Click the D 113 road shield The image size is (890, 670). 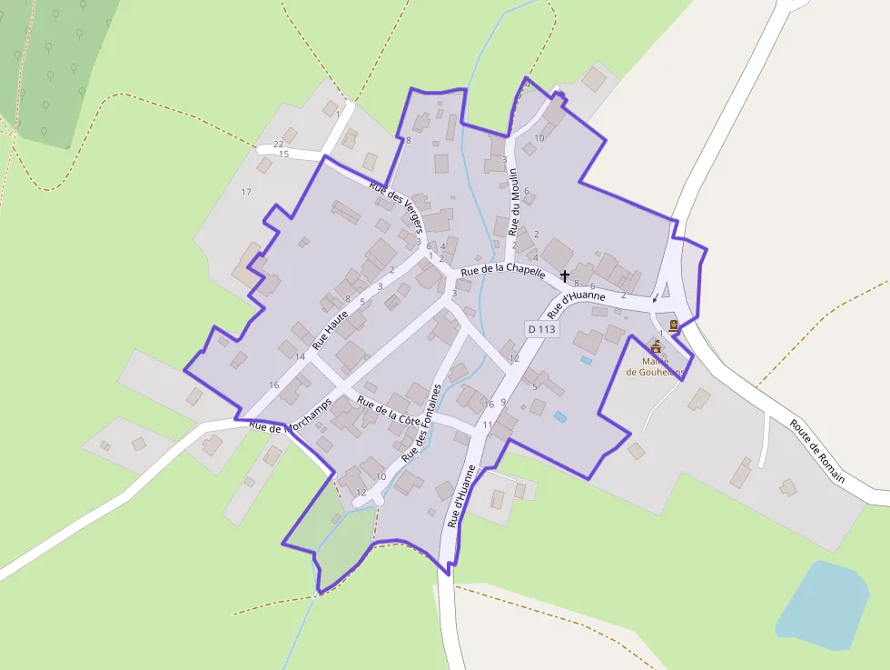[x=540, y=329]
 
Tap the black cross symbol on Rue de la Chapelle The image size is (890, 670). [x=565, y=275]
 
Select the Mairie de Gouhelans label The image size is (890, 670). [x=654, y=365]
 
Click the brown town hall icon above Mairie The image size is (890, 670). [x=656, y=346]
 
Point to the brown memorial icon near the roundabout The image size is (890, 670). [x=673, y=325]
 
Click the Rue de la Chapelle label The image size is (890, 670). [x=503, y=271]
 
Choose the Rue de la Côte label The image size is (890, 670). [x=389, y=412]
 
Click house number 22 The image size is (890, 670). [x=279, y=145]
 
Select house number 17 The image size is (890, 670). [x=245, y=192]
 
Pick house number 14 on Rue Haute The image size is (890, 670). [x=300, y=356]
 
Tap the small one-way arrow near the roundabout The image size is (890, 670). [x=656, y=299]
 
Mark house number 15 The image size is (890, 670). [x=283, y=155]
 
